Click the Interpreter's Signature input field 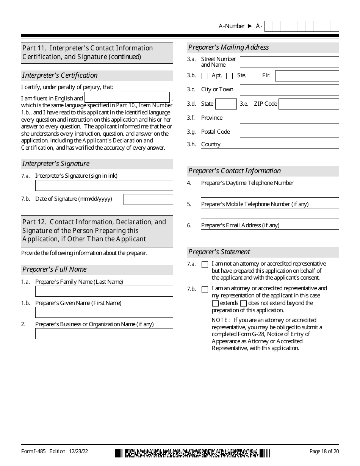104,185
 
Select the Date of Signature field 148,199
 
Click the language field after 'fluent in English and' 127,97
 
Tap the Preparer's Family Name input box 104,291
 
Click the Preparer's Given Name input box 104,312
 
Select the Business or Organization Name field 104,333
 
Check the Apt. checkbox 205,76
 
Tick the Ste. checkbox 229,76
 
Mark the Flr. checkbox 254,76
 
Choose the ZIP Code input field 308,104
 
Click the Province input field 289,118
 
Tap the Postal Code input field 289,132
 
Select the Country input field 270,153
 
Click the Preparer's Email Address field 270,235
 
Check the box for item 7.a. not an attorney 205,265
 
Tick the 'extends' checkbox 215,303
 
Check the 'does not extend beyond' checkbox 244,303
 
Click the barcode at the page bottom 193,453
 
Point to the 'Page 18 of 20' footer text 324,451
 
